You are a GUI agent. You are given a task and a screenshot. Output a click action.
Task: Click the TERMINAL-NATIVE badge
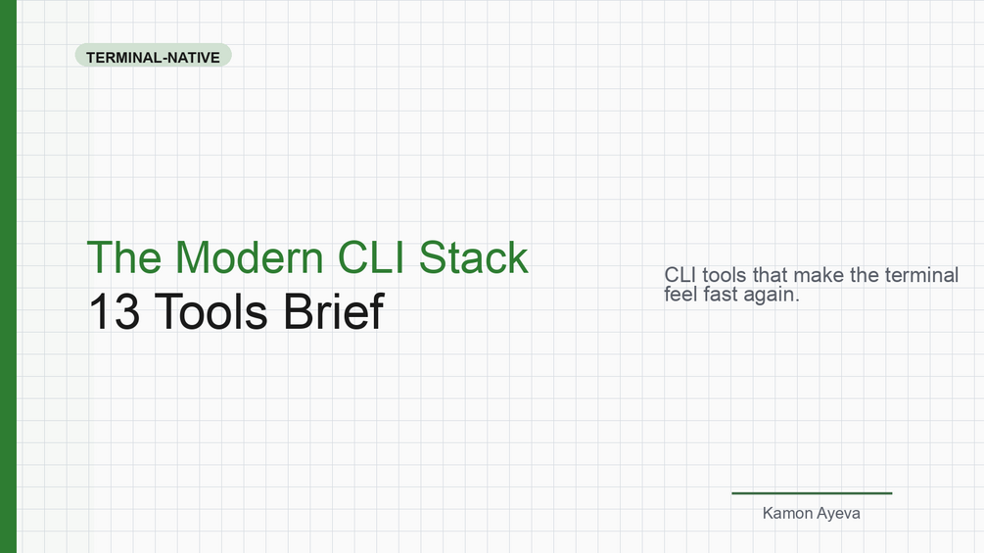coord(153,55)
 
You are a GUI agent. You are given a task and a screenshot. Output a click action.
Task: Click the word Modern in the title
coord(249,257)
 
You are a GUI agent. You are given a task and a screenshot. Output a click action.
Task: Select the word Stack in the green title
coord(474,257)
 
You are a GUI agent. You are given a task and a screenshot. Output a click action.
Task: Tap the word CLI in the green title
coord(371,257)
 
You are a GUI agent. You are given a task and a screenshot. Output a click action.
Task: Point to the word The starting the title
coord(124,257)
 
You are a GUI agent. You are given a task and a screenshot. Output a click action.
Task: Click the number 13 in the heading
coord(115,311)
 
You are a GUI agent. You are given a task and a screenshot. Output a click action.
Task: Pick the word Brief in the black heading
coord(334,311)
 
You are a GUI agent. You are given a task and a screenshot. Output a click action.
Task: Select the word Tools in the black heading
coord(211,311)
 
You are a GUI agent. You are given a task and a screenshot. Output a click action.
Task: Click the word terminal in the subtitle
coord(921,275)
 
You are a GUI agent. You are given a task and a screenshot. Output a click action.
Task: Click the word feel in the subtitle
coord(680,294)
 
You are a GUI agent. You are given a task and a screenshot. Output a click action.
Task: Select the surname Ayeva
coord(839,514)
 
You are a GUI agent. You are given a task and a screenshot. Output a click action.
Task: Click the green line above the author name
coord(812,493)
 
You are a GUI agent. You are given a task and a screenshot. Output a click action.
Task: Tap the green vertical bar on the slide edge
coord(8,276)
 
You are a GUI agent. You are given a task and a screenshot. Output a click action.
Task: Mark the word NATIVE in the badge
coord(193,58)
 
